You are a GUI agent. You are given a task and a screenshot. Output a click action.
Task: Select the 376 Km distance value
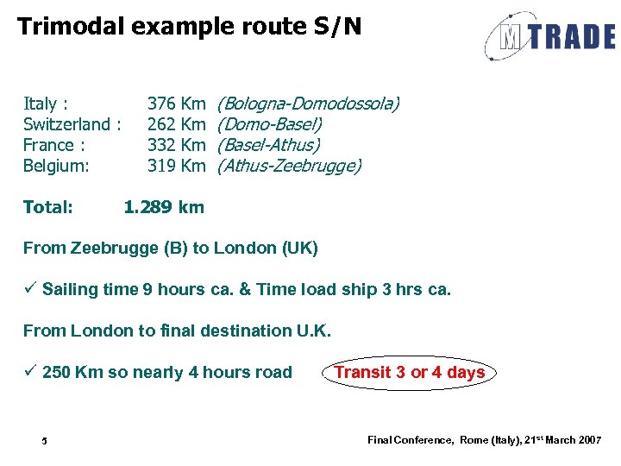pos(176,104)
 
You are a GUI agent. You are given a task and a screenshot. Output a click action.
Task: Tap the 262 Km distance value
pos(176,125)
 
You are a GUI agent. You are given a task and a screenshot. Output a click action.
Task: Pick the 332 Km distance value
pos(176,145)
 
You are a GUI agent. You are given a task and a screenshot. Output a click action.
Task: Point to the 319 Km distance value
pos(176,166)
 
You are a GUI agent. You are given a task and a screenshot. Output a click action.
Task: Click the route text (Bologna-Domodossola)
pos(308,104)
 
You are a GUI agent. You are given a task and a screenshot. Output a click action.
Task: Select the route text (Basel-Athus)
pos(268,145)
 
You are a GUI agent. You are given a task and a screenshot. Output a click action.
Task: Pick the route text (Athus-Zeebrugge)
pos(289,166)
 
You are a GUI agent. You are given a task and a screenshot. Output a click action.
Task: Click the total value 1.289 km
pos(164,207)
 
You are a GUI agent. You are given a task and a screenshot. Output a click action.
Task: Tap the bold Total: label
pos(47,207)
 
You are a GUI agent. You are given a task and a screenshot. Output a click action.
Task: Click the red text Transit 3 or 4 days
pos(409,373)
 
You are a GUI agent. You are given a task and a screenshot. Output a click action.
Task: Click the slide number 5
pos(45,442)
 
